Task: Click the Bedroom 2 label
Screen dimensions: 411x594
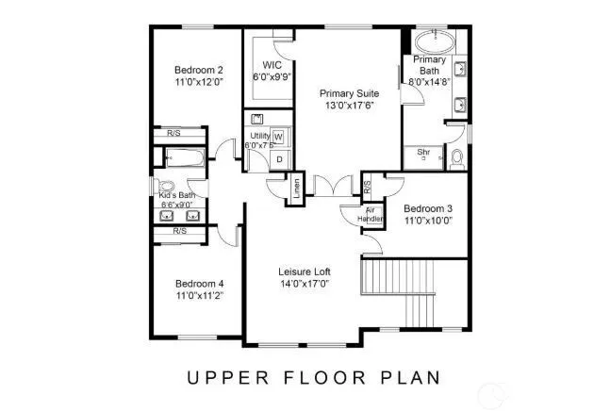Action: click(x=198, y=70)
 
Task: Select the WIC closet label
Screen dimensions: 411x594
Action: click(x=272, y=65)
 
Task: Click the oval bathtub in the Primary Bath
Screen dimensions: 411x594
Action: click(x=433, y=43)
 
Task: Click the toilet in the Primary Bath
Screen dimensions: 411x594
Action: click(x=457, y=157)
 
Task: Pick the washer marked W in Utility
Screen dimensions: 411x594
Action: click(x=278, y=138)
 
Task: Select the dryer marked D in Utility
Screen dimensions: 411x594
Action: click(x=278, y=160)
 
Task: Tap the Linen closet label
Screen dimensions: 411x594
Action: click(x=295, y=189)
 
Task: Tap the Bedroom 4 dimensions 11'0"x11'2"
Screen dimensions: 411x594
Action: click(x=199, y=296)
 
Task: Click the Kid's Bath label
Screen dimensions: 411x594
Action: click(x=176, y=195)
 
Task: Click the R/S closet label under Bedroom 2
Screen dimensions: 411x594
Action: click(x=174, y=133)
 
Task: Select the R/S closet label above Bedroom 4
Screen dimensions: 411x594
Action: click(x=179, y=230)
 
